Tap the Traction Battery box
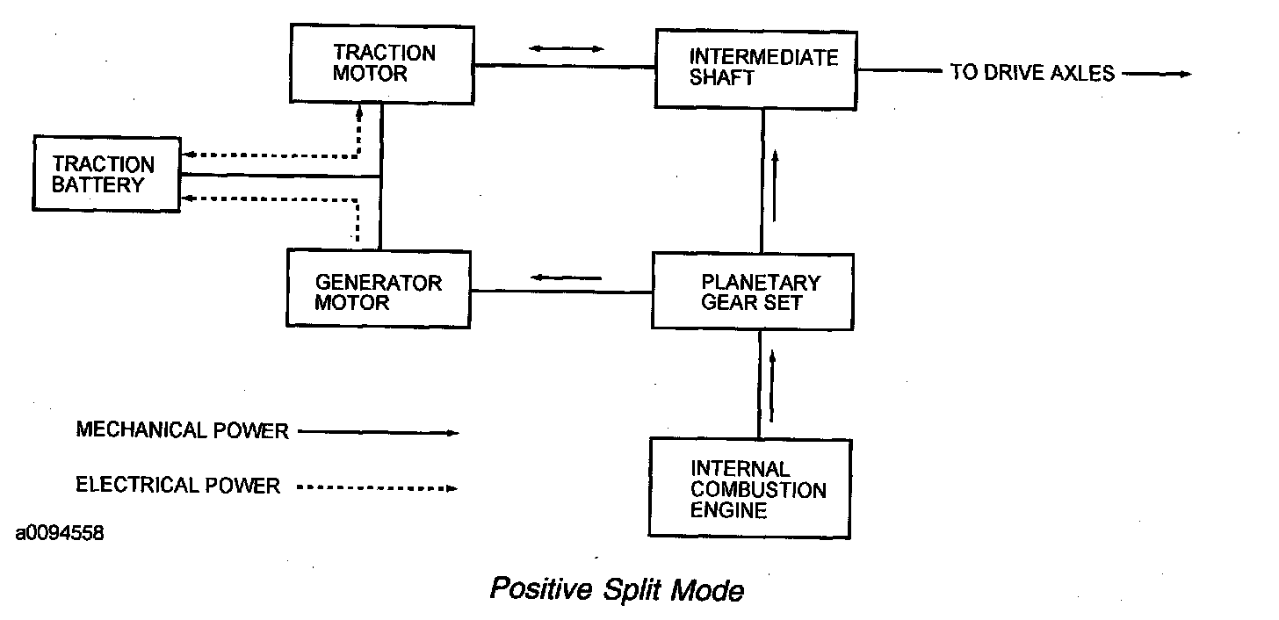coord(105,174)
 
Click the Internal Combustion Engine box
coord(749,488)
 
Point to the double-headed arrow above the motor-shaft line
coord(567,47)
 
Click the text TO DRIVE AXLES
coord(1032,74)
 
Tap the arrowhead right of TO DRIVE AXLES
coord(1181,75)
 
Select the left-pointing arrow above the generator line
coord(566,279)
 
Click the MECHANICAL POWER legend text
coord(183,430)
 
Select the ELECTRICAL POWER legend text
coord(178,486)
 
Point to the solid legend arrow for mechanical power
coord(379,432)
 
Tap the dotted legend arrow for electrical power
coord(378,487)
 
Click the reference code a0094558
coord(59,533)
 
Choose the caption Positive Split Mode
coord(617,589)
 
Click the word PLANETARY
coord(761,283)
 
